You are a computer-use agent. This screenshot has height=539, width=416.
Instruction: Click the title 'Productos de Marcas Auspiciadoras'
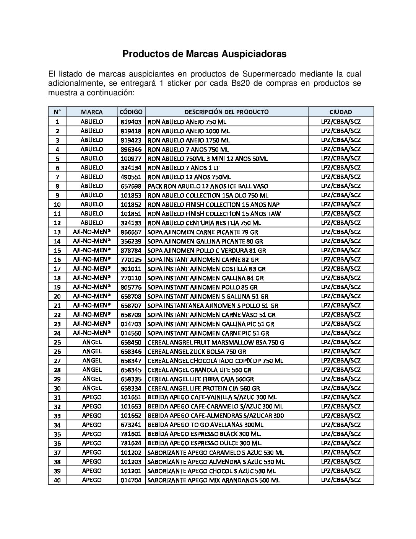click(204, 54)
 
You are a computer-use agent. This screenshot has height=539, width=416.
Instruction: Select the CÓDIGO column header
click(131, 112)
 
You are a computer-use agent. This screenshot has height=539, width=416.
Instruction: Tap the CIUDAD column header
click(341, 112)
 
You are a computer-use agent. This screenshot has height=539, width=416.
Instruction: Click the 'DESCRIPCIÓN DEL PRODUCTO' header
click(226, 112)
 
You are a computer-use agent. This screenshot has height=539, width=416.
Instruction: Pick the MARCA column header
click(92, 112)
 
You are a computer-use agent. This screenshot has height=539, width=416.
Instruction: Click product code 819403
click(131, 122)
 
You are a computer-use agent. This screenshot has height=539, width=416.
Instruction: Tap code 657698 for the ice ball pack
click(131, 186)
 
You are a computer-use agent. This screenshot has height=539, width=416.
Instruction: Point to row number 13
click(57, 232)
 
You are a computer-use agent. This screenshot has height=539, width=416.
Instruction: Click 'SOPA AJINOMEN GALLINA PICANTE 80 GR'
click(205, 241)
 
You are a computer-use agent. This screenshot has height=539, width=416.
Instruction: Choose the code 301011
click(131, 269)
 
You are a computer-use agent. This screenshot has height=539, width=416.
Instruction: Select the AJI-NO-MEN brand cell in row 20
click(92, 296)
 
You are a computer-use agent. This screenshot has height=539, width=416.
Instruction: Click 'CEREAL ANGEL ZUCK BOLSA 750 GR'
click(197, 351)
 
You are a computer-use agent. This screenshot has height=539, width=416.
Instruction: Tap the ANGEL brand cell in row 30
click(92, 388)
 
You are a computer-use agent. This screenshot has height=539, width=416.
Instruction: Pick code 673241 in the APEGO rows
click(131, 425)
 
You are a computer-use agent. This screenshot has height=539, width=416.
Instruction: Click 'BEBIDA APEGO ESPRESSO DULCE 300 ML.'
click(205, 443)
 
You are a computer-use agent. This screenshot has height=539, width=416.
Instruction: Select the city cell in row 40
click(341, 480)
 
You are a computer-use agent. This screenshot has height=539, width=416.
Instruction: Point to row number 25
click(57, 342)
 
